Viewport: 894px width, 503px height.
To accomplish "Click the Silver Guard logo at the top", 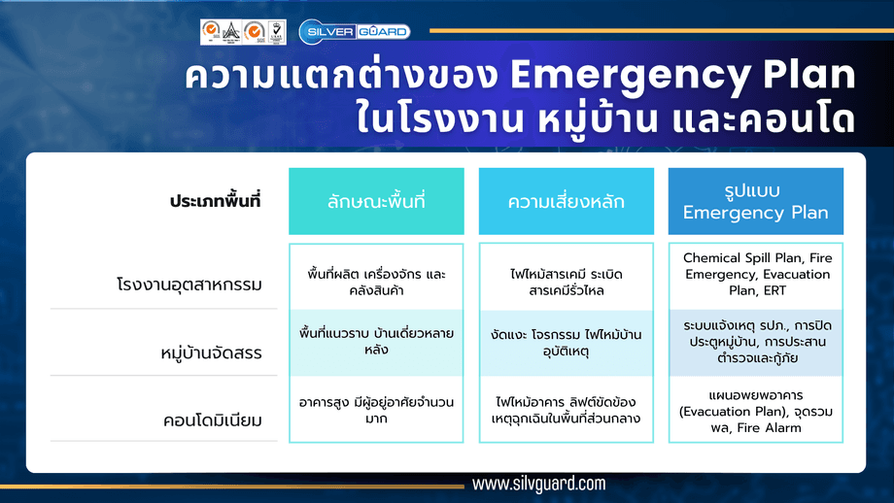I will [354, 31].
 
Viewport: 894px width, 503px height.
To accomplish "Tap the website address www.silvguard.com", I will [538, 484].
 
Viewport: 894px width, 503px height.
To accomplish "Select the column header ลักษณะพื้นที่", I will [376, 202].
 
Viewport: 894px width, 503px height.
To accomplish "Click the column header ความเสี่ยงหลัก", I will [566, 202].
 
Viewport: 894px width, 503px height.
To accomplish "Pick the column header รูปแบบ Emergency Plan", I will [755, 201].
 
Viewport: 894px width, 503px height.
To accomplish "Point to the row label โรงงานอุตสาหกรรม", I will [189, 285].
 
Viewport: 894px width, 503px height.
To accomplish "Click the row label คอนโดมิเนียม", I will [214, 421].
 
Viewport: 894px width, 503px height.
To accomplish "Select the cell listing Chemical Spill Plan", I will [755, 274].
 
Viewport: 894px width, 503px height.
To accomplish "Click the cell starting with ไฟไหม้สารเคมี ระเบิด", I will [566, 282].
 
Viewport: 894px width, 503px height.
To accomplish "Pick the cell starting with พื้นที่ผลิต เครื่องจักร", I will [376, 282].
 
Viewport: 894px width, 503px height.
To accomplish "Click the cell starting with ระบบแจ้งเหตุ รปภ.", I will [755, 341].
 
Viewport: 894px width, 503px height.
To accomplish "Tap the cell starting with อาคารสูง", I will [376, 410].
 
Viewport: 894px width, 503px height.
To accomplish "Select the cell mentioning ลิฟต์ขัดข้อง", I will [566, 409].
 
